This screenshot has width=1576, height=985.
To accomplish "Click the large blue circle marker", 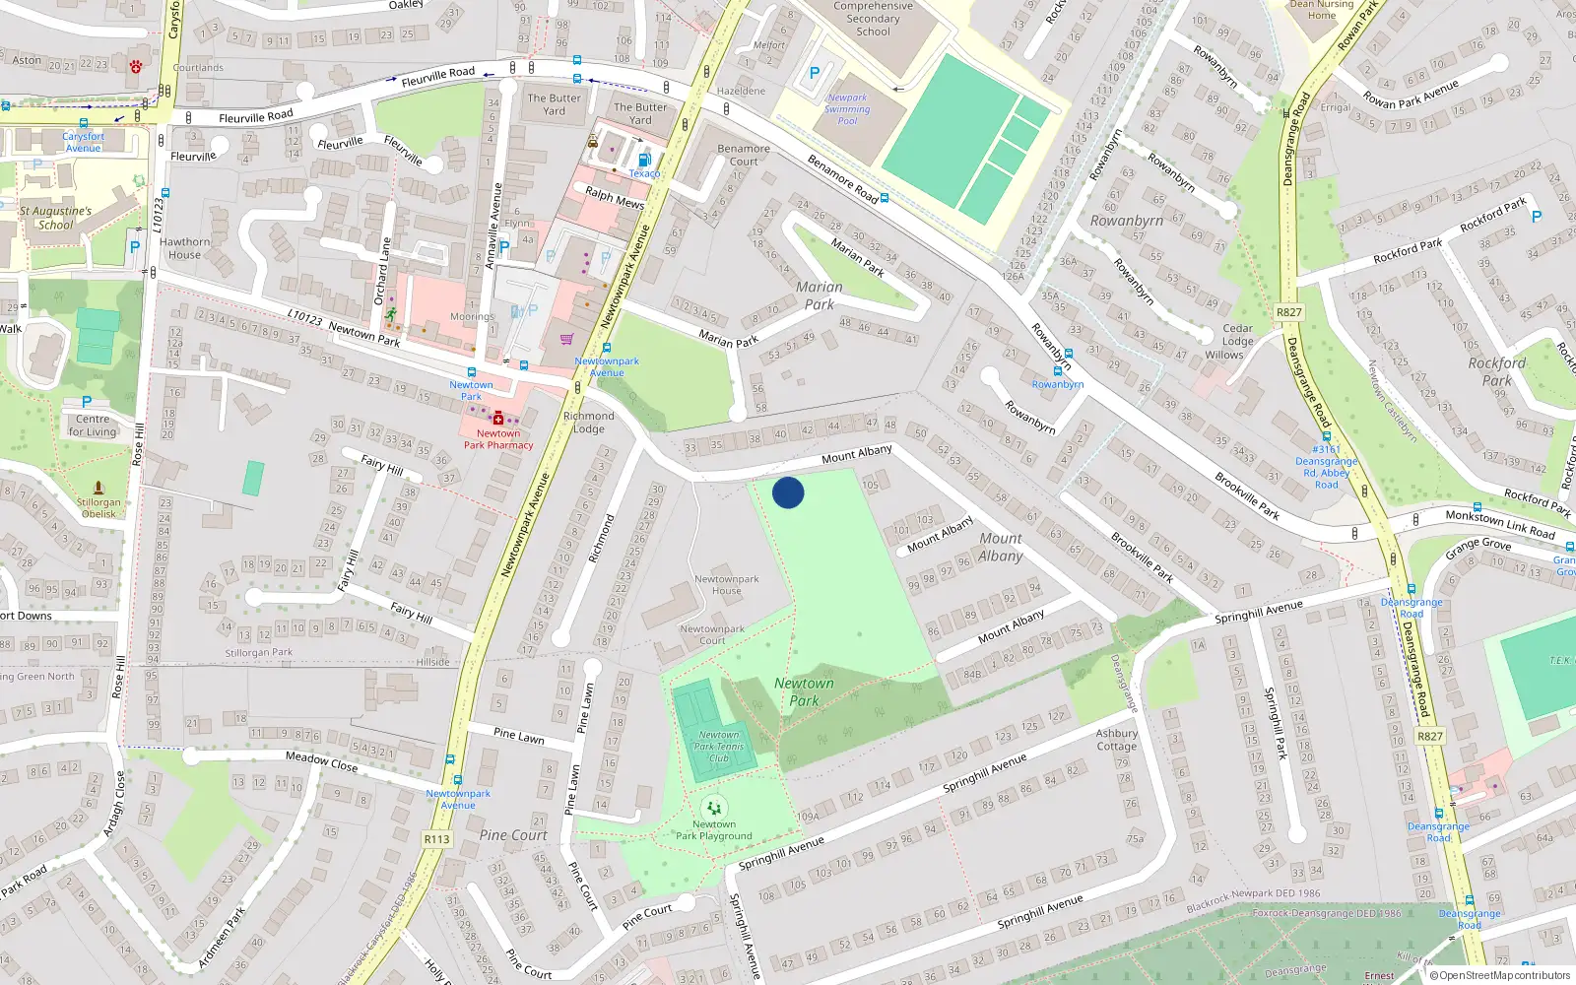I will tap(788, 492).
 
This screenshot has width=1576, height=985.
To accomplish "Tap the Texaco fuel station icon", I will tap(644, 159).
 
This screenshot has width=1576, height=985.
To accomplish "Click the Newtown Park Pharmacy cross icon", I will tap(498, 420).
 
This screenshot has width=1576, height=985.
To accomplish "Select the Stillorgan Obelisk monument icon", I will tap(98, 488).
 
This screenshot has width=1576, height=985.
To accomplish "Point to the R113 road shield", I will tap(436, 839).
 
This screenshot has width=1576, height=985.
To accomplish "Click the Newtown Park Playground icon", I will tap(714, 809).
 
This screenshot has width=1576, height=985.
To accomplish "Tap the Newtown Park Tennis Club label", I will tap(719, 747).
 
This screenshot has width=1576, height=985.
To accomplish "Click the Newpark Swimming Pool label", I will tap(847, 108).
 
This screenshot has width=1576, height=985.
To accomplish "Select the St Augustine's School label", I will tap(55, 218).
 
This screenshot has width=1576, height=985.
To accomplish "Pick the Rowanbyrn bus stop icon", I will tap(1057, 371).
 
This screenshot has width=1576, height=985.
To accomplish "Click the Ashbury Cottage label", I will tap(1117, 740).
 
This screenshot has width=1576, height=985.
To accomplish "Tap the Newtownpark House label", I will tap(726, 585).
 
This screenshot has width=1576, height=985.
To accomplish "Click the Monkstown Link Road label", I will tap(1499, 524).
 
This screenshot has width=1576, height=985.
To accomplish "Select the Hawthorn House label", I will tap(184, 248).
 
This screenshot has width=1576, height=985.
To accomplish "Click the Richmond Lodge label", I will tap(589, 422).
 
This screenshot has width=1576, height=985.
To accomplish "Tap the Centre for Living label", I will tap(94, 426).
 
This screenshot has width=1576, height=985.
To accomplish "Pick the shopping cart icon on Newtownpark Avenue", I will tap(566, 339).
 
